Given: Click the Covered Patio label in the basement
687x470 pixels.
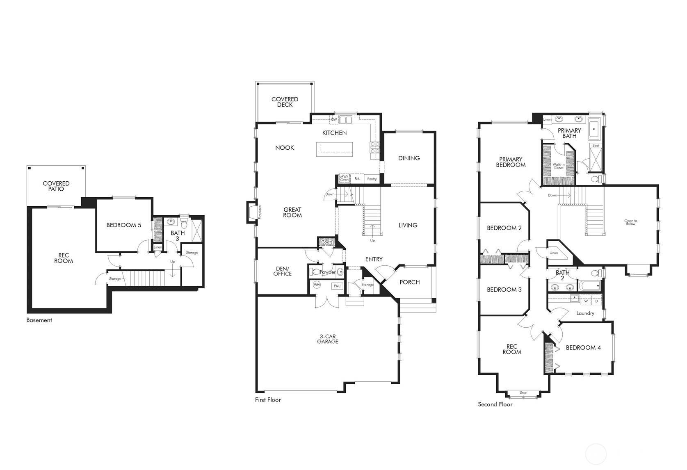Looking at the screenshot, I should [x=56, y=186].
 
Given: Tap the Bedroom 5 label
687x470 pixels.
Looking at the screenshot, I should [x=124, y=225].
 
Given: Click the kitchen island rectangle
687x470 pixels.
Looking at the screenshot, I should [x=334, y=149].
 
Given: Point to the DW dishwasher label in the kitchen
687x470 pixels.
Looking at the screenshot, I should [x=334, y=119].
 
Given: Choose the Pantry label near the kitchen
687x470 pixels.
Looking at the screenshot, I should [x=372, y=179].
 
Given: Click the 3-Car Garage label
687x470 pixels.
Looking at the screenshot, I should [x=327, y=339].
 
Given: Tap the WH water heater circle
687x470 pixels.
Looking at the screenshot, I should [x=317, y=284].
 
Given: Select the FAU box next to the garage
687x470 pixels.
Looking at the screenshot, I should [x=337, y=286].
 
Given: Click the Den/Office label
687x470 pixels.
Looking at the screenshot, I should [x=283, y=271].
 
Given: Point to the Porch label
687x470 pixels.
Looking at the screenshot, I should [x=409, y=282].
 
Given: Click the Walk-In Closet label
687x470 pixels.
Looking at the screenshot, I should [x=558, y=166].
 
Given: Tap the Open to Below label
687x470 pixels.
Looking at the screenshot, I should [x=630, y=222].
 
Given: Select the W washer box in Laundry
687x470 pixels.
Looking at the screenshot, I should [x=586, y=301].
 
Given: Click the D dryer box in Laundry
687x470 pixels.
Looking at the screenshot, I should [x=596, y=301].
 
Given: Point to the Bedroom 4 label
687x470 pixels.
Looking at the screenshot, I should [x=583, y=347].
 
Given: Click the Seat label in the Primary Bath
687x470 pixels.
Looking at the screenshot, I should [x=596, y=146].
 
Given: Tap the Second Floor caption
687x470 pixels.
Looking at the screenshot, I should [x=495, y=404].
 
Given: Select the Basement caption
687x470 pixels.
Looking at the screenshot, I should [x=39, y=320].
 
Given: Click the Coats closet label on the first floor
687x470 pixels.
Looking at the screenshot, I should [x=327, y=242].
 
